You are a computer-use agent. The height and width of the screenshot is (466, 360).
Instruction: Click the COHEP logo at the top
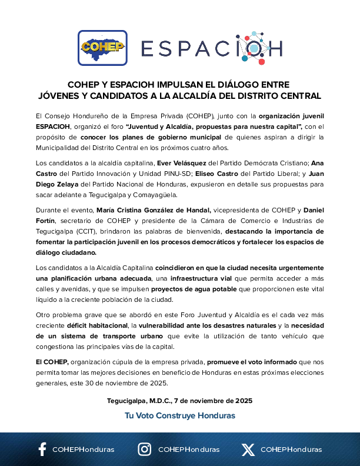click(102, 47)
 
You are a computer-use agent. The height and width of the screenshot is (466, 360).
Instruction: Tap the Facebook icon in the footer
click(42, 450)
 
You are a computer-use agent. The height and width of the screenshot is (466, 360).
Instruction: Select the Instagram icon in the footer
click(144, 450)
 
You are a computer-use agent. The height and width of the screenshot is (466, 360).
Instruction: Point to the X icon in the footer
click(248, 450)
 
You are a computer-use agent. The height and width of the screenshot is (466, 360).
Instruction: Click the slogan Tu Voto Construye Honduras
click(180, 415)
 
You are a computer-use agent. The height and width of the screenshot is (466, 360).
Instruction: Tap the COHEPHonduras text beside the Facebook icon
click(84, 450)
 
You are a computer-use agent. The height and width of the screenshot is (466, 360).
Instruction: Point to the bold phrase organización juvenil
click(291, 115)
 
